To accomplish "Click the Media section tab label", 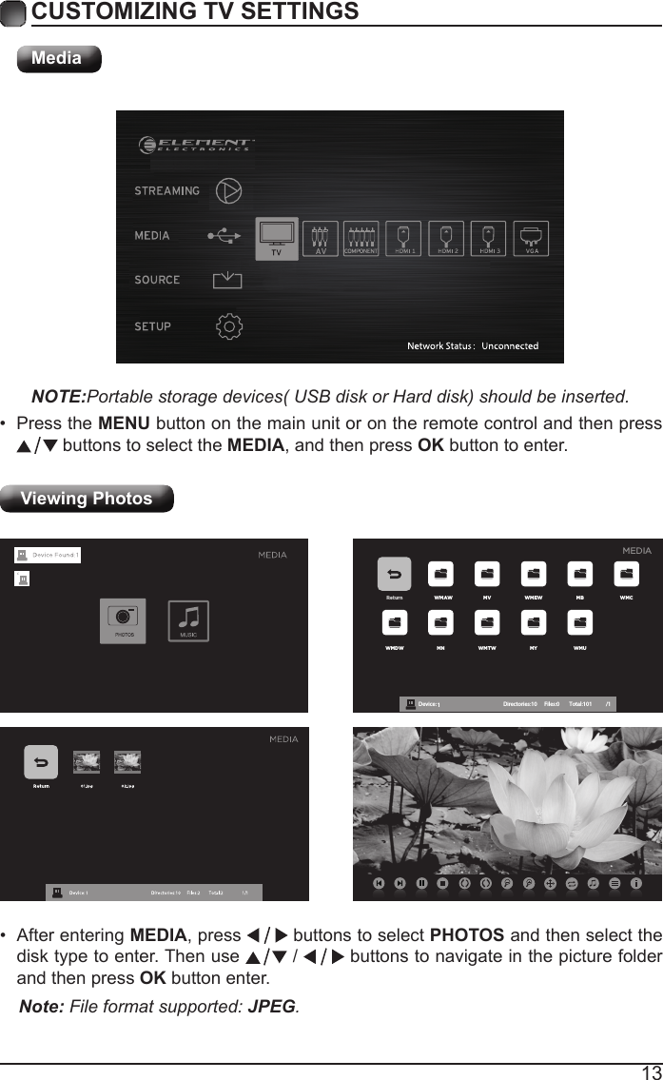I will coord(58,58).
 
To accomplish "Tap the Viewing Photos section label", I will coord(87,499).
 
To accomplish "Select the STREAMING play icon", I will coord(228,190).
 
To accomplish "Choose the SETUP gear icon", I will coord(229,326).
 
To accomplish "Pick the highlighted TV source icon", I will coord(277,237).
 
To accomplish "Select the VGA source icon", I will coord(532,238).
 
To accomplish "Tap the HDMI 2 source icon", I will coord(447,238).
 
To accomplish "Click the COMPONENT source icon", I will coord(362,238).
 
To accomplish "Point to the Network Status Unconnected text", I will coord(473,345).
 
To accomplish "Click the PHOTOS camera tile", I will coord(124,620).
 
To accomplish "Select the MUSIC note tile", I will coord(188,620).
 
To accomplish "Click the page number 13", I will coord(651,1071).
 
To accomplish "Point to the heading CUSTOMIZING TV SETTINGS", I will coord(195,11).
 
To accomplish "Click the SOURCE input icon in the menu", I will coord(227,280).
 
